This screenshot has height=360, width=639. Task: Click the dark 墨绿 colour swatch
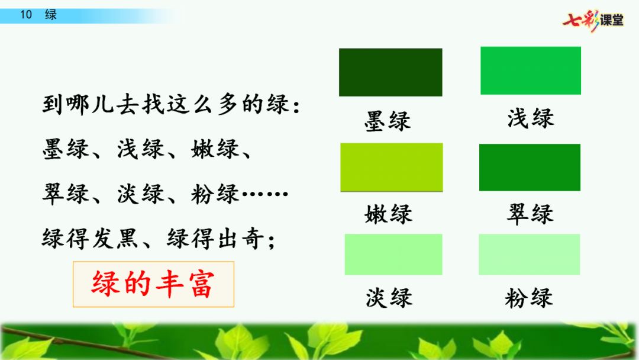390,72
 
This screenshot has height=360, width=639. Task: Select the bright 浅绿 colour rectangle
531,70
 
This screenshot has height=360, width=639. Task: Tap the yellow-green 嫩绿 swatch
392,167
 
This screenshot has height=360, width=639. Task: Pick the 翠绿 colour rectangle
530,167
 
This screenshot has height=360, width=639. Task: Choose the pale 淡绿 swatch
393,255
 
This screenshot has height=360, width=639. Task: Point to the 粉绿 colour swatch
530,255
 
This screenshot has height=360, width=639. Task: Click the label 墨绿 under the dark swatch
388,121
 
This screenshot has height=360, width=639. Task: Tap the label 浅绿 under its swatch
531,118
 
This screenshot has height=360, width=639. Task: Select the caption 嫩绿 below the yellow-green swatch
388,214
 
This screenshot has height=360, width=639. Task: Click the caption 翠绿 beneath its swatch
530,213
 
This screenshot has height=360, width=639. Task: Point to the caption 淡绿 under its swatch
389,297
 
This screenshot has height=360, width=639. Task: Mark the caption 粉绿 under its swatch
529,298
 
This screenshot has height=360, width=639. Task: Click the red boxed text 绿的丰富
153,284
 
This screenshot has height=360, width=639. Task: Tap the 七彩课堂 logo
593,20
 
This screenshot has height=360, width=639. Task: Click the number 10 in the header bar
26,15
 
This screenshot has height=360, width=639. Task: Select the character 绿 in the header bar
50,15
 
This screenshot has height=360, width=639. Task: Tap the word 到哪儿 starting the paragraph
78,104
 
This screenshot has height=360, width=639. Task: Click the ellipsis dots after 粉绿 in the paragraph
265,194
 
